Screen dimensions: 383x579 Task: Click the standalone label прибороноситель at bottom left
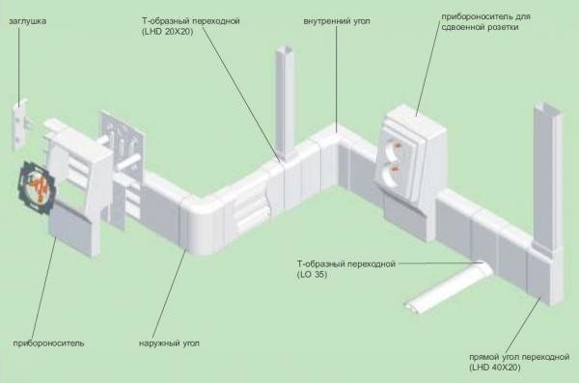point(49,342)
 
